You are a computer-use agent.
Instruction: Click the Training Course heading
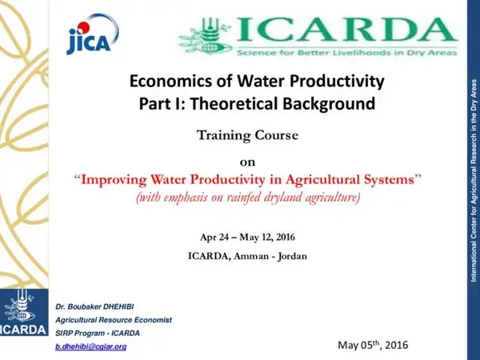click(x=247, y=135)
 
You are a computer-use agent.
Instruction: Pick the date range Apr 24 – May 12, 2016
click(x=247, y=238)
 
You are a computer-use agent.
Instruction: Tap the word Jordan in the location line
click(x=291, y=256)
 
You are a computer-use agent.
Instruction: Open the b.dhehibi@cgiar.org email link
click(x=90, y=346)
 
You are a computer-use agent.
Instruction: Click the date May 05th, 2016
click(x=373, y=345)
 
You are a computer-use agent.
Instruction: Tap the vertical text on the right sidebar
click(x=474, y=180)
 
